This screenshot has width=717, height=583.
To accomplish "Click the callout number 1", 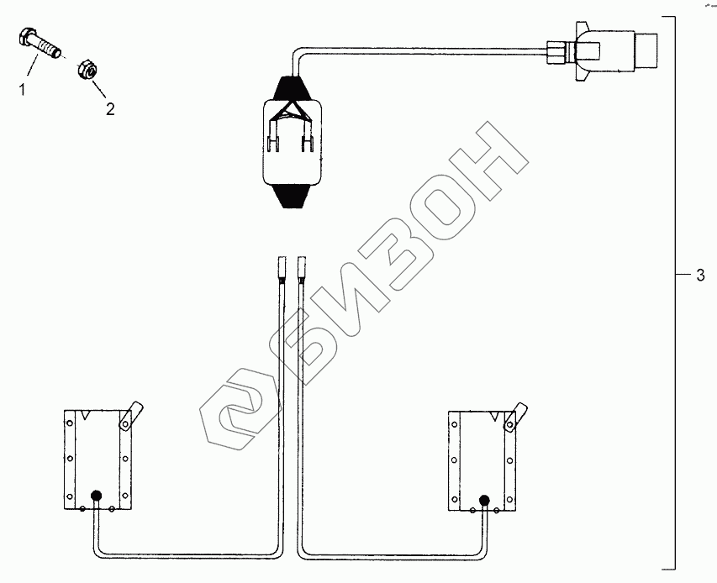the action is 22,90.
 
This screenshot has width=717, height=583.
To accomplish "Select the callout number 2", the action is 110,109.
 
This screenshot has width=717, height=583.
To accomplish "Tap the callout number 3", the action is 700,275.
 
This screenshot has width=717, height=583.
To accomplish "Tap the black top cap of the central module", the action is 292,87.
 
